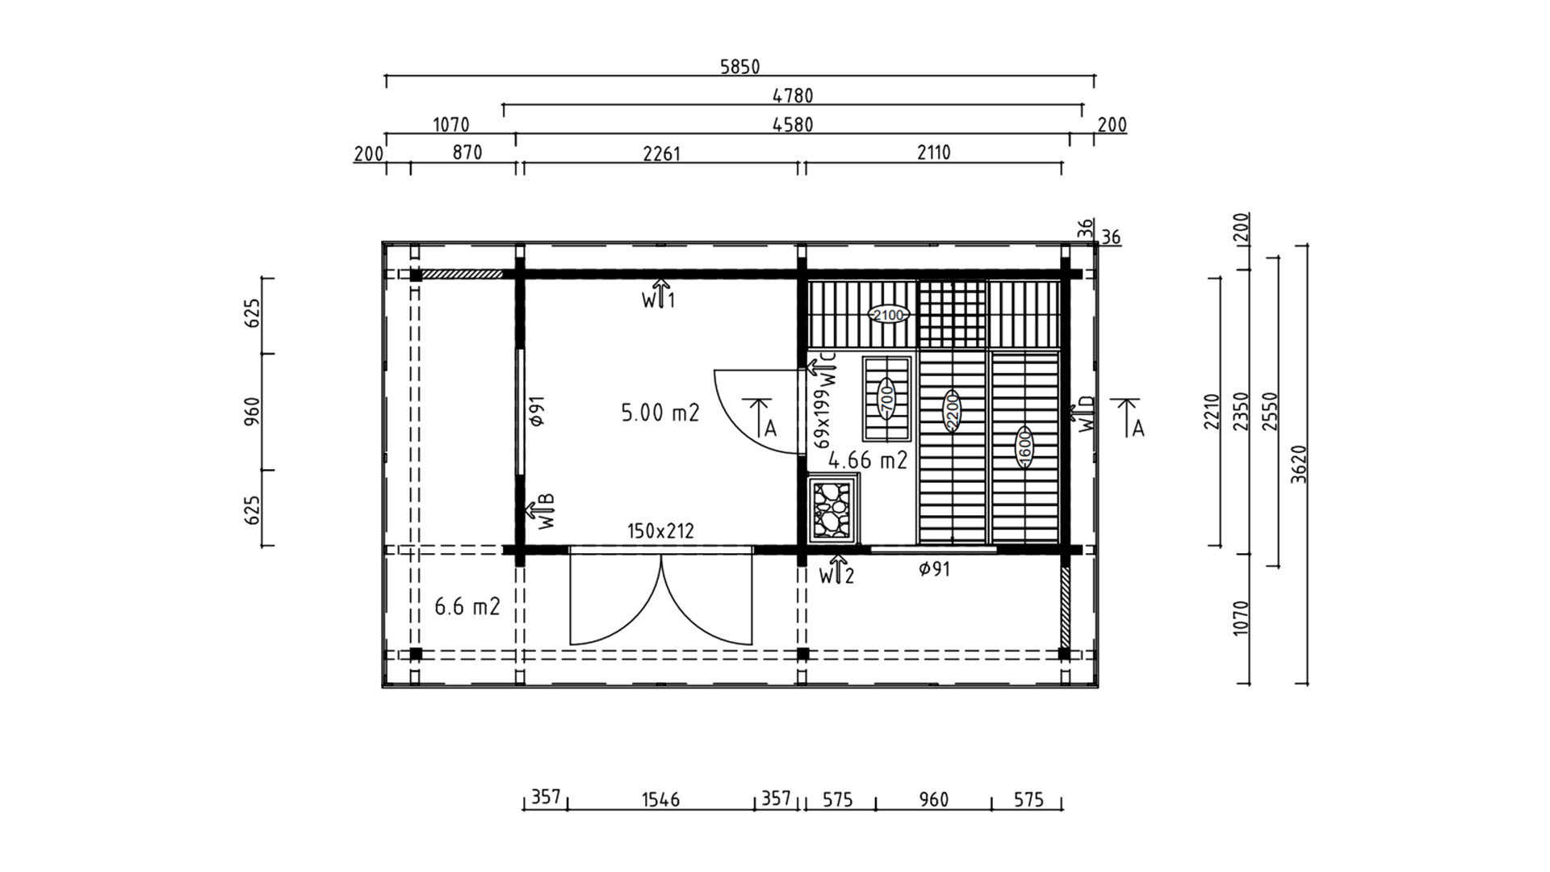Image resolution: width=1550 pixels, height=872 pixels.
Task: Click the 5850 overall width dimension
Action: click(739, 67)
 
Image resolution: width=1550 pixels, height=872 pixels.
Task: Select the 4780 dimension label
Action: click(793, 96)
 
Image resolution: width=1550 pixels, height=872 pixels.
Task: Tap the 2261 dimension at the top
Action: click(662, 153)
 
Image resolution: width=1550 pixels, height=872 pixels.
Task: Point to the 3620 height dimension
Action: click(1298, 464)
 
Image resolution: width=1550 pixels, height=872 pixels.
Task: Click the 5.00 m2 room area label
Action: click(660, 413)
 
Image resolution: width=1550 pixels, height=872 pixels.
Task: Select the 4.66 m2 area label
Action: click(868, 460)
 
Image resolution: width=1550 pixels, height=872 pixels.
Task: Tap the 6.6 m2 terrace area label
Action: click(467, 606)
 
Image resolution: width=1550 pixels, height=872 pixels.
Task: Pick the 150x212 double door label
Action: click(660, 531)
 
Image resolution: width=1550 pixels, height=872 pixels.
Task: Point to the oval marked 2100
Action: click(888, 315)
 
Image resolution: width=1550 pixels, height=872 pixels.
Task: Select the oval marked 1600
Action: click(1024, 446)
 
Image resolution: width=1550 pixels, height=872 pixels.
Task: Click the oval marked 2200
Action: click(952, 411)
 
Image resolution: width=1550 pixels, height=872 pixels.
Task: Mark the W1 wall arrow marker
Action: click(659, 295)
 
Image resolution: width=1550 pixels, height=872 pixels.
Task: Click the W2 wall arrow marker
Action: click(836, 570)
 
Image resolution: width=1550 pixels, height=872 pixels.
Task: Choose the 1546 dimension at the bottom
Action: click(660, 800)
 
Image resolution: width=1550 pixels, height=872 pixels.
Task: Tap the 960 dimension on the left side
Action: click(252, 411)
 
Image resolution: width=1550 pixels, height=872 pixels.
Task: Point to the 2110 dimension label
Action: click(933, 153)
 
